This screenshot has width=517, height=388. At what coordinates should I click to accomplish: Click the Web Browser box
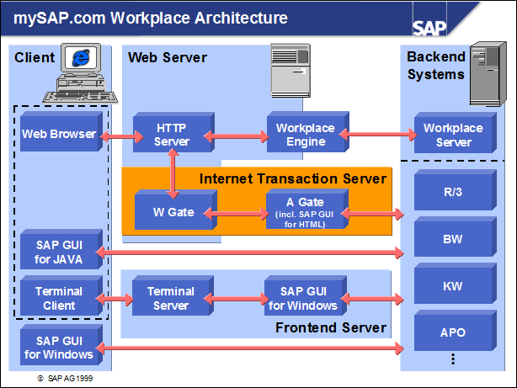click(58, 134)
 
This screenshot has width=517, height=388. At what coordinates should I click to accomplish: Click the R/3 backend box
click(452, 192)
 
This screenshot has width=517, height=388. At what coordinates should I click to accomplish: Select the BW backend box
click(452, 239)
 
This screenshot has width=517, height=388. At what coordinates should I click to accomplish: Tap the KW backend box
click(452, 286)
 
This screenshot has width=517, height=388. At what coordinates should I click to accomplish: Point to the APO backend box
click(452, 332)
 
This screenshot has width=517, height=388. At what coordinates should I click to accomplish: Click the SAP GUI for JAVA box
click(58, 251)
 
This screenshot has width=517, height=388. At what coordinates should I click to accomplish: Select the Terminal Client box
click(58, 298)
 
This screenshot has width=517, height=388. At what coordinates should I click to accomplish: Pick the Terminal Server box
click(171, 298)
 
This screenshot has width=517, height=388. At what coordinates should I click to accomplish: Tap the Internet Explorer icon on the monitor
click(82, 59)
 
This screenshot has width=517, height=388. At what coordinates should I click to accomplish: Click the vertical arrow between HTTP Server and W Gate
click(173, 172)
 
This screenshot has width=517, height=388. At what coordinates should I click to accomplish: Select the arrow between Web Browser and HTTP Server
click(116, 135)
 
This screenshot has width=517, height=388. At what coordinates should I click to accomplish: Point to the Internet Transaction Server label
click(292, 178)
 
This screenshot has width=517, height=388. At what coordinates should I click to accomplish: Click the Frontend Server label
click(331, 327)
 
